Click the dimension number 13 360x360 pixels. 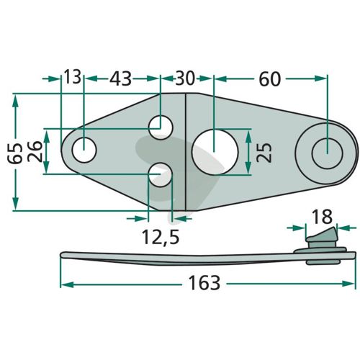point(73,77)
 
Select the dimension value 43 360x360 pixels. point(120,78)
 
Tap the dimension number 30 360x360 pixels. point(184,78)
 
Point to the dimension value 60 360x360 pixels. point(269,79)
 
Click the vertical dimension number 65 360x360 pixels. point(14,153)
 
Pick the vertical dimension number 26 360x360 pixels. point(35,152)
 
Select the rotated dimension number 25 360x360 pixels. point(264,153)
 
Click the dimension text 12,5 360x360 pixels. point(161,237)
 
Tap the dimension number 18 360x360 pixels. point(323,217)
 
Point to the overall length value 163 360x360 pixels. point(204,283)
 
